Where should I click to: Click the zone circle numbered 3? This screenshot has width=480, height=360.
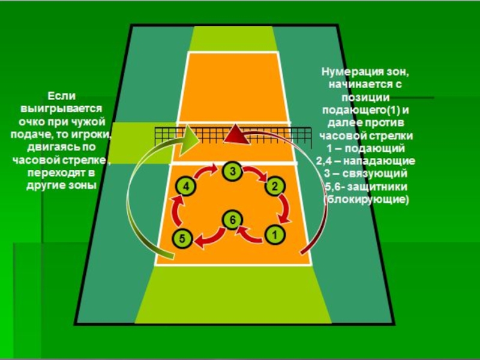click(232, 172)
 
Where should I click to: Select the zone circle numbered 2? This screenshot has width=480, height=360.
click(274, 186)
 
